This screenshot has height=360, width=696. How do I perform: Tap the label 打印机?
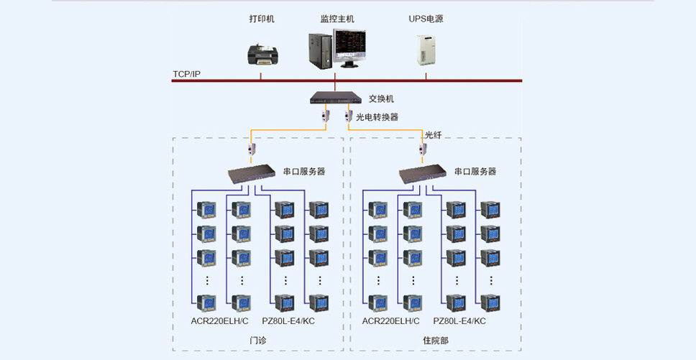point(262,19)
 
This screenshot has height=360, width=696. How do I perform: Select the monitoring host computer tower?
point(321,52)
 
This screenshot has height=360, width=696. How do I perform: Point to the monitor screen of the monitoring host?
point(349,46)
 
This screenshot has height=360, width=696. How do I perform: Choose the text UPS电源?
point(426,19)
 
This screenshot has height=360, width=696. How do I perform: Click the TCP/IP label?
point(186,74)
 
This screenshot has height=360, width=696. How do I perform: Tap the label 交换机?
point(381,99)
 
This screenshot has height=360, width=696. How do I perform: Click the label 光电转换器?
point(377,117)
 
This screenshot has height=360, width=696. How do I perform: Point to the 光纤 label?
point(434,135)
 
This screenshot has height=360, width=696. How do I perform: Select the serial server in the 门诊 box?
point(252,173)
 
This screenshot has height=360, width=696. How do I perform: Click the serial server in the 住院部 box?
point(423,173)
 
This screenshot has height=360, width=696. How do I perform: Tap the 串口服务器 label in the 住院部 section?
point(475,172)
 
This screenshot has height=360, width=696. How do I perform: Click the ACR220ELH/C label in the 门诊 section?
point(220,321)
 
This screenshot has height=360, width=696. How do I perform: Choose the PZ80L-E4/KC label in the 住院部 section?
point(459,321)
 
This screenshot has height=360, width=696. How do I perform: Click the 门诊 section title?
point(258,341)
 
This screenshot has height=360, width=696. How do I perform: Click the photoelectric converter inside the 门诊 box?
point(252,149)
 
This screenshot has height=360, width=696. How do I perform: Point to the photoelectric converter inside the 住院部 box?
point(423,149)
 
